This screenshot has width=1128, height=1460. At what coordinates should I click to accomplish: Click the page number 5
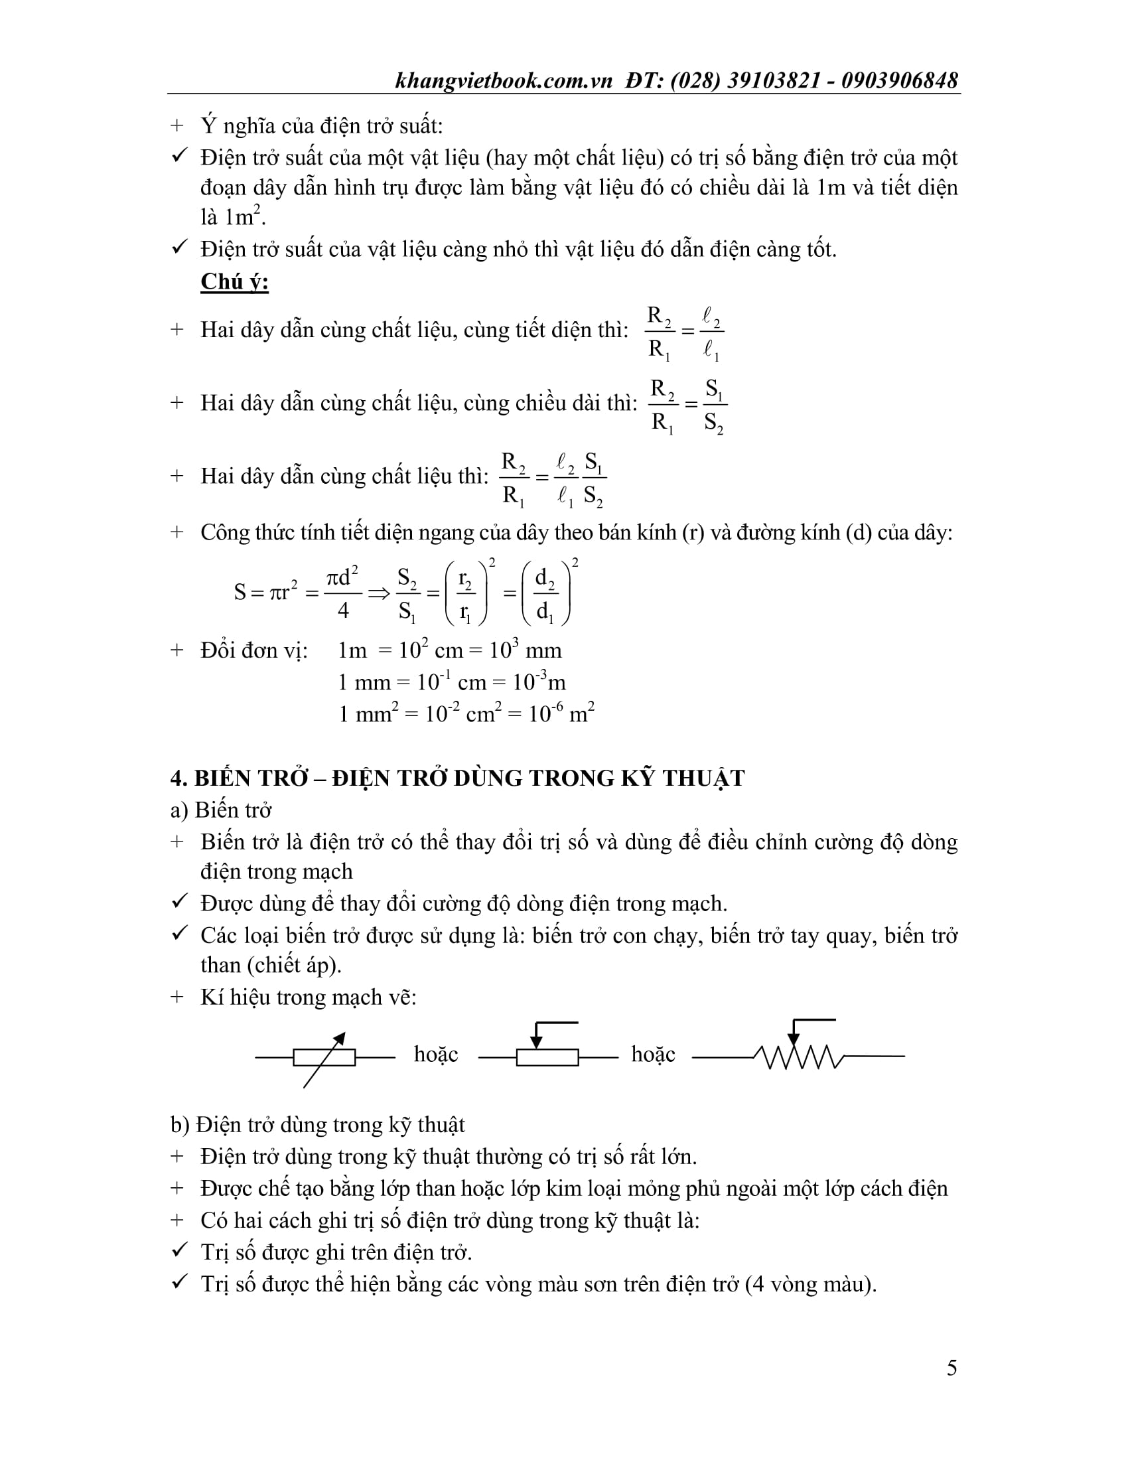[x=952, y=1368]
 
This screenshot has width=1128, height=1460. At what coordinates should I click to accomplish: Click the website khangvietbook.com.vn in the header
[x=504, y=81]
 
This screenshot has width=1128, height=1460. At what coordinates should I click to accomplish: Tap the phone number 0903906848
[x=900, y=81]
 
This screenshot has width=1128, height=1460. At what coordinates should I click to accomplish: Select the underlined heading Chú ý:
[x=234, y=282]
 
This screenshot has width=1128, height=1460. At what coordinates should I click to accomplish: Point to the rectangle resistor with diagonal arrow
[x=324, y=1057]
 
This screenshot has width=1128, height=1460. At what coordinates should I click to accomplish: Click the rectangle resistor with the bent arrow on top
[x=547, y=1057]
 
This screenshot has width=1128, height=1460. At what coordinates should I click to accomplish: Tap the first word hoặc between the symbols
[x=436, y=1055]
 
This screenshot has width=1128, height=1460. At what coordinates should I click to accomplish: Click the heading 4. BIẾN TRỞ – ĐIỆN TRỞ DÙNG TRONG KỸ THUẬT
[x=457, y=778]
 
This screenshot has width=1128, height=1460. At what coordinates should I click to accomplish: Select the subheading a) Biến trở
[x=220, y=810]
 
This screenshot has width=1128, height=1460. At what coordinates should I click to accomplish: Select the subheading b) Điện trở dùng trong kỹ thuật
[x=317, y=1124]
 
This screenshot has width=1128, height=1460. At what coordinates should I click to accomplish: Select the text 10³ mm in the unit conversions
[x=526, y=650]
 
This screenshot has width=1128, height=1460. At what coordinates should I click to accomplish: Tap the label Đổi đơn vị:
[x=254, y=650]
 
